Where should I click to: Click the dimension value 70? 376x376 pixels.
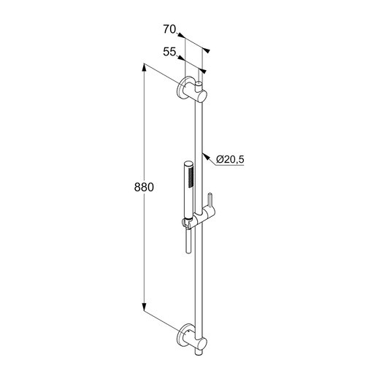[170, 30]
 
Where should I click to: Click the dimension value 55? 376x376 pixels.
[169, 52]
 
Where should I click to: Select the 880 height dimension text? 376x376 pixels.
[144, 188]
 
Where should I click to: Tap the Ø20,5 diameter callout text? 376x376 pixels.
[229, 158]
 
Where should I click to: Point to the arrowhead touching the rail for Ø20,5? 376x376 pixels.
[207, 154]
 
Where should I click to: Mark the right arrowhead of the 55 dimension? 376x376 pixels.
[203, 72]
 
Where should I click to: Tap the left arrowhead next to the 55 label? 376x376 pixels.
[180, 59]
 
